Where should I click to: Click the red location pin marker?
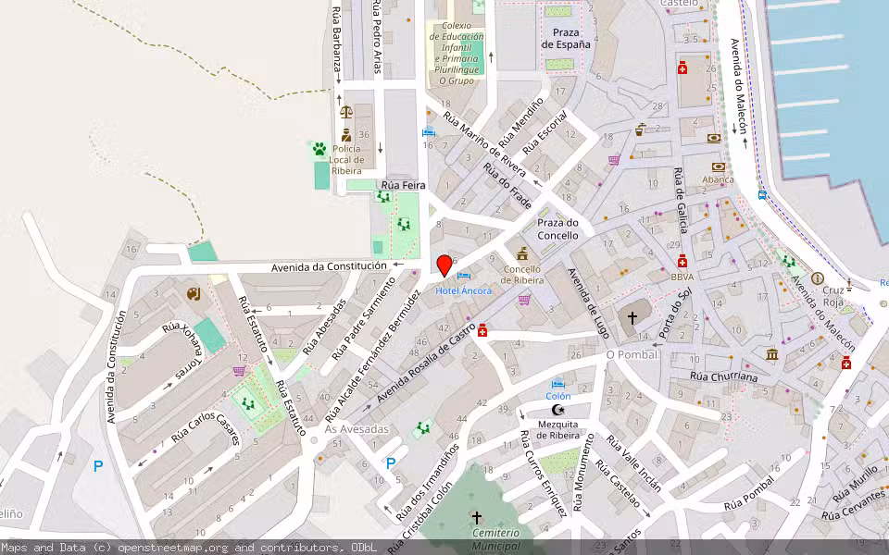[x=444, y=265]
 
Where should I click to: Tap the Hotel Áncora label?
[x=464, y=290]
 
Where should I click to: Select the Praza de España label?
[x=566, y=38]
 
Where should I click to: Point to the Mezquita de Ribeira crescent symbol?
[x=557, y=409]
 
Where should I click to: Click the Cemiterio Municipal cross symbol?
[x=477, y=518]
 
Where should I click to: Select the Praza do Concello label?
[x=558, y=229]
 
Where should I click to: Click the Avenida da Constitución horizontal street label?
[x=329, y=266]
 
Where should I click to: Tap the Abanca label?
[x=718, y=180]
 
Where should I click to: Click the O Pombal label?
[x=632, y=354]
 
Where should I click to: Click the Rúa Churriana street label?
[x=724, y=377]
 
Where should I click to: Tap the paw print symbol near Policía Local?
[x=319, y=148]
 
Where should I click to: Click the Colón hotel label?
[x=557, y=396]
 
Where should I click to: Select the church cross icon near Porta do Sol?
[x=632, y=317]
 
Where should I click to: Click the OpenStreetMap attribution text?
[x=188, y=548]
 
